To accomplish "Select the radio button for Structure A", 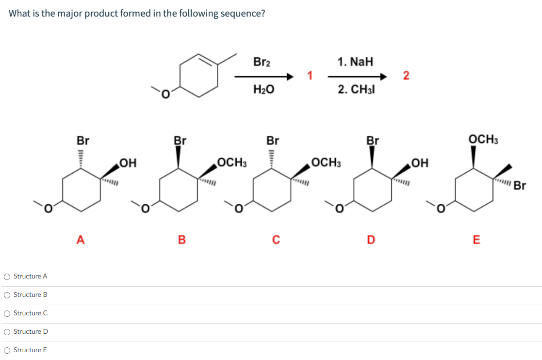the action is click(7, 277).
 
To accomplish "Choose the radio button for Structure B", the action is click(7, 295).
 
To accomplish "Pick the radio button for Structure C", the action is click(7, 313).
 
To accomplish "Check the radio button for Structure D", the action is click(7, 332).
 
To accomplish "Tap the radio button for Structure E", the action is click(7, 350).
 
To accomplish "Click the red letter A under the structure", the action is click(81, 239).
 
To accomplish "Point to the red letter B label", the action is click(181, 239).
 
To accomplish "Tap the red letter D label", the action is click(371, 239).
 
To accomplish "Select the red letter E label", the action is click(476, 239).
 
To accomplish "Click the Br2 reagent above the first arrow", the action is click(263, 62).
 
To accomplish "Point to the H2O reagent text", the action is click(263, 89).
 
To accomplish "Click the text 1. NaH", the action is click(356, 62).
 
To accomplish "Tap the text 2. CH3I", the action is click(356, 90).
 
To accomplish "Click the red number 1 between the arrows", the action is click(310, 76).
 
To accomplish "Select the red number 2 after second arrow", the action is click(406, 76).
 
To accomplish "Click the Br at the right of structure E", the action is click(520, 186).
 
